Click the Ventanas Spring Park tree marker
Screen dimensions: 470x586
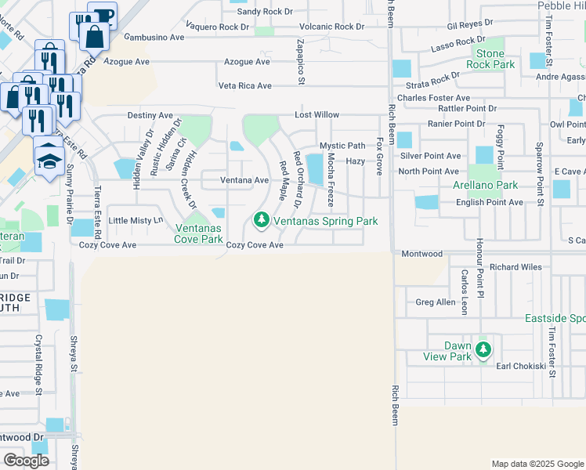tap(260, 222)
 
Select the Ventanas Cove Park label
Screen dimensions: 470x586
tap(199, 233)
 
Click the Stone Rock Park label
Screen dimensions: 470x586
tap(490, 59)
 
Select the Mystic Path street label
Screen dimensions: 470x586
tap(342, 146)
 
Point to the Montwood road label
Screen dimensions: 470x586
tap(422, 254)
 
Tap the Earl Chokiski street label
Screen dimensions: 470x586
tap(520, 366)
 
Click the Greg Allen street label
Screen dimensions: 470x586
tap(435, 302)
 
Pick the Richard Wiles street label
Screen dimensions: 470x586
tap(515, 267)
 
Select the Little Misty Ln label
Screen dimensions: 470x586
tap(136, 221)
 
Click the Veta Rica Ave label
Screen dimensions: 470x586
tap(245, 85)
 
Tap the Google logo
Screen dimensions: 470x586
tap(26, 461)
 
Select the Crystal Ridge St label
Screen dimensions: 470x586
tap(38, 360)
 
